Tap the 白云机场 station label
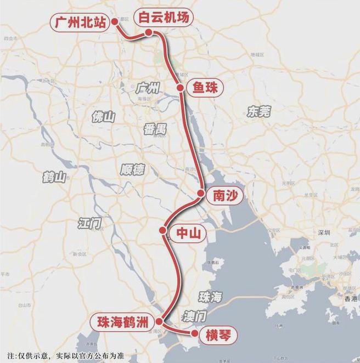[164, 18]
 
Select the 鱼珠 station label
[205, 88]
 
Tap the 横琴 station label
[218, 333]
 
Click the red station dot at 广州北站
[115, 22]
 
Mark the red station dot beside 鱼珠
[180, 88]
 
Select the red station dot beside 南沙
[201, 194]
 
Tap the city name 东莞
[258, 112]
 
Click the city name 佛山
[104, 116]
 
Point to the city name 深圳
[324, 232]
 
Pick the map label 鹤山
[53, 177]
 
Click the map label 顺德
[133, 169]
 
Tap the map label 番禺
[155, 129]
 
